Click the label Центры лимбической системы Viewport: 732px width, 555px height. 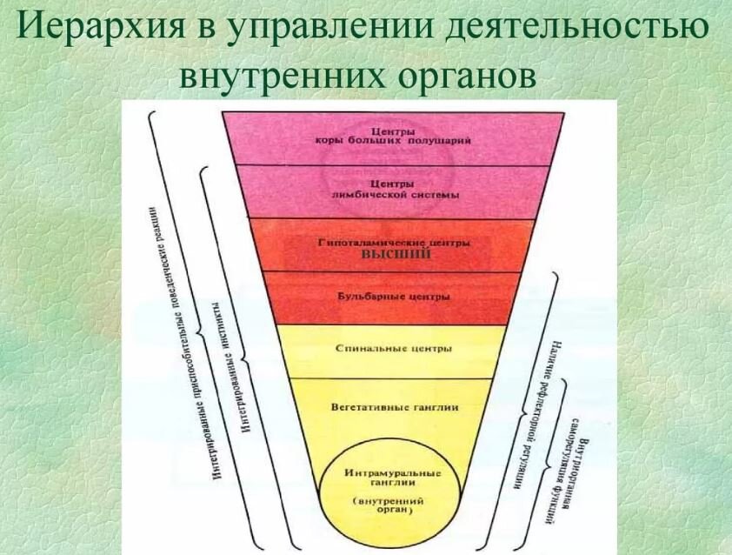[396, 190]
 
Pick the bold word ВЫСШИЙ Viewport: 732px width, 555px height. [396, 255]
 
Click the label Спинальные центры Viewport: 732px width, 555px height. [393, 349]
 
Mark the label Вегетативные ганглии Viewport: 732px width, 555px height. [396, 405]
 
